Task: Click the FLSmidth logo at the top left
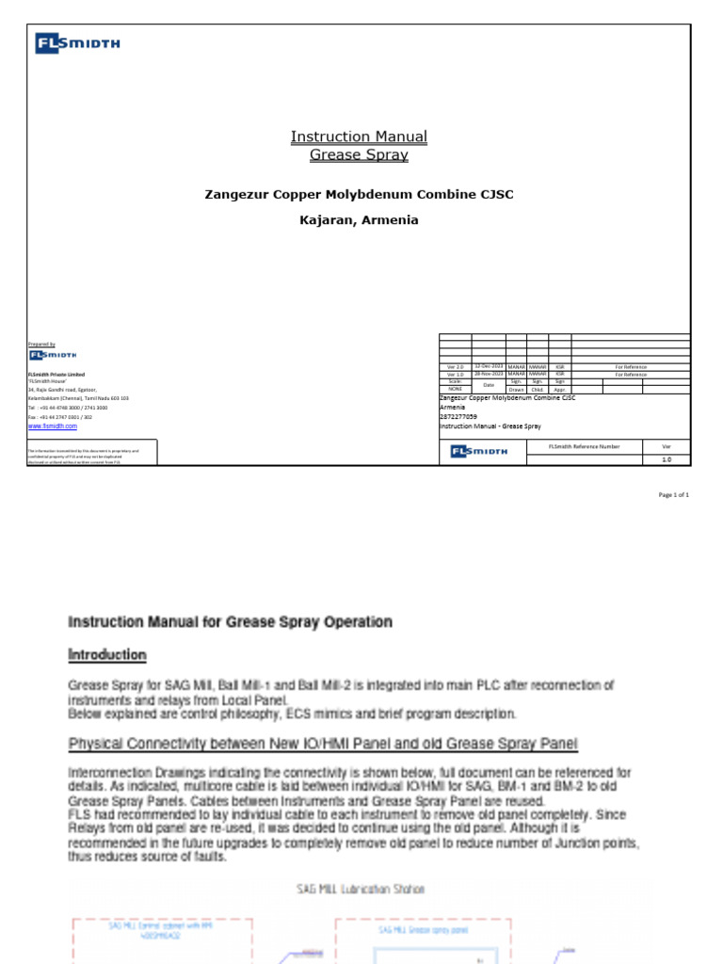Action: point(77,43)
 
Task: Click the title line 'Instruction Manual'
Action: point(359,137)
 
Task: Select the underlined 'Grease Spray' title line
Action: point(359,154)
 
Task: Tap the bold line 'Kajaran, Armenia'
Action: point(359,220)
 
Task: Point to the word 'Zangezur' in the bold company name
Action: point(234,195)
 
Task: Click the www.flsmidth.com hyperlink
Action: point(53,426)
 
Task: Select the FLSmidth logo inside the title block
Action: point(479,452)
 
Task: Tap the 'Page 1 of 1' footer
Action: point(673,495)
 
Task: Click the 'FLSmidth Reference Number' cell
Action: point(584,446)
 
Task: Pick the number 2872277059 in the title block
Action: point(458,416)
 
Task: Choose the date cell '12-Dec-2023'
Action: point(489,366)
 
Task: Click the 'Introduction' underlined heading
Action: point(106,655)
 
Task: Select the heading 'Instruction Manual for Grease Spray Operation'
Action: point(230,622)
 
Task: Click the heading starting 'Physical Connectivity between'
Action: point(323,745)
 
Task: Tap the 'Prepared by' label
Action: point(41,345)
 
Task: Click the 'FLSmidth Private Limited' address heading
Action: point(56,375)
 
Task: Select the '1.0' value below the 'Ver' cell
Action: point(667,459)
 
